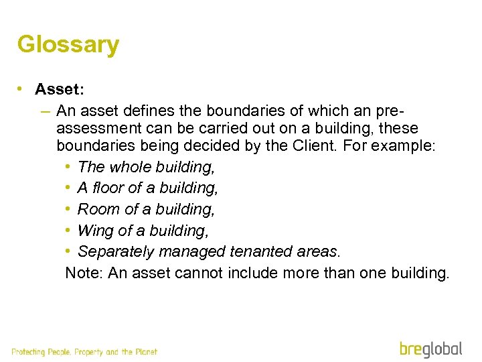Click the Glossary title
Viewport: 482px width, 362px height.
click(x=68, y=45)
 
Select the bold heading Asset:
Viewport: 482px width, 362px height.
click(x=60, y=89)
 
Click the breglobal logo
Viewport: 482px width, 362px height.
click(x=431, y=349)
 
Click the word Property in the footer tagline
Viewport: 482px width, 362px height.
click(x=89, y=352)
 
